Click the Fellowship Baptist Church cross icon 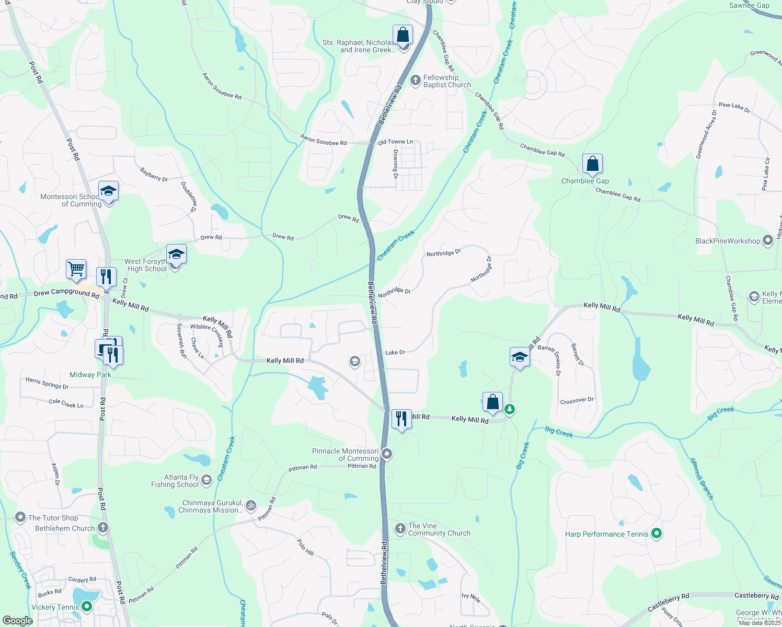[416, 80]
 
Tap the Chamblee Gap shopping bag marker [592, 165]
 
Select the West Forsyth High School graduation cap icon [176, 255]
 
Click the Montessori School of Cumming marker [108, 192]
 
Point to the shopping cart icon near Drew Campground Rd [76, 270]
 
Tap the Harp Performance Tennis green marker [657, 533]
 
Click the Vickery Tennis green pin [87, 607]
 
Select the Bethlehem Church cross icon [103, 528]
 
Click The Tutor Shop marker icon [20, 518]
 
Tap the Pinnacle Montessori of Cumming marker [387, 454]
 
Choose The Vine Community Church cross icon [400, 529]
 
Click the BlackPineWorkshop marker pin [768, 241]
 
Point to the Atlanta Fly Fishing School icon [206, 480]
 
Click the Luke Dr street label [395, 353]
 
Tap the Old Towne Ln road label [395, 142]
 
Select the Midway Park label [90, 375]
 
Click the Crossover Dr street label [577, 401]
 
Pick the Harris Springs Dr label [47, 383]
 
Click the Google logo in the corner [17, 620]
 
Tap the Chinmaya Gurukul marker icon [251, 506]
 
